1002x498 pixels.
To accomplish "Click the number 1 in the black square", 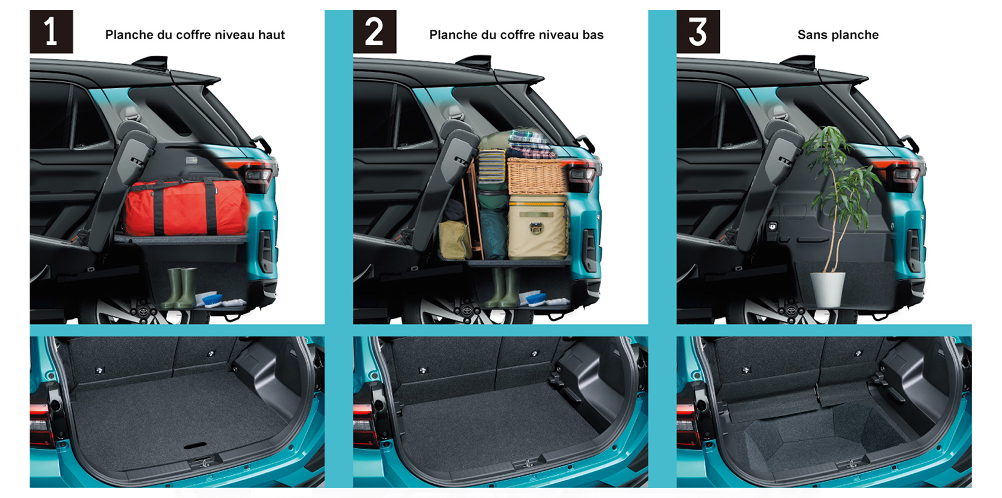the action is tap(51, 32).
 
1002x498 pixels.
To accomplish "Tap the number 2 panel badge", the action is tap(374, 32).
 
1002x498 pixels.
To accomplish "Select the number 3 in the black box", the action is tap(698, 32).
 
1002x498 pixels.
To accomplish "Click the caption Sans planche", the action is tap(838, 35).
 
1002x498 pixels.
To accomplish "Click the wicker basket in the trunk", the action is tap(537, 176).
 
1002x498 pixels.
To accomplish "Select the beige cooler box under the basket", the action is tap(538, 226).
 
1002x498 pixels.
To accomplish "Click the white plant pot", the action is tap(828, 289).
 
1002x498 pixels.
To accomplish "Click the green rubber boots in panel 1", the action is tap(180, 288).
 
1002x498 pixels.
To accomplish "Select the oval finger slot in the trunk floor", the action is tap(196, 446).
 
